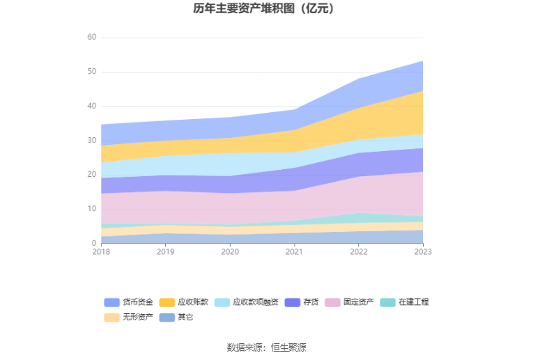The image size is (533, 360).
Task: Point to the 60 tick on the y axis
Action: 91,38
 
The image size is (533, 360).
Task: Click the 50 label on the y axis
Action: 91,72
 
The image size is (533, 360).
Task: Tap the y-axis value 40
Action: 91,106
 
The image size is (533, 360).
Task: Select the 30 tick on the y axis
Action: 91,140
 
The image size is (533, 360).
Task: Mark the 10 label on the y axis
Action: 91,209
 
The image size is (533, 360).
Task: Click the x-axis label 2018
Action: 101,252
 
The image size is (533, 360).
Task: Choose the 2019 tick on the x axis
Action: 165,252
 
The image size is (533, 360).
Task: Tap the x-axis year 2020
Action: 230,252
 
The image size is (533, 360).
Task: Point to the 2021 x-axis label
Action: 294,252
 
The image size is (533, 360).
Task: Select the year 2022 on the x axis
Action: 358,252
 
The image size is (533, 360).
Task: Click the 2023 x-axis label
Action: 422,252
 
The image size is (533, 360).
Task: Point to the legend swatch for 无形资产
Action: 112,318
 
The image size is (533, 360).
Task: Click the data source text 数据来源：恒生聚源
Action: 266,347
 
